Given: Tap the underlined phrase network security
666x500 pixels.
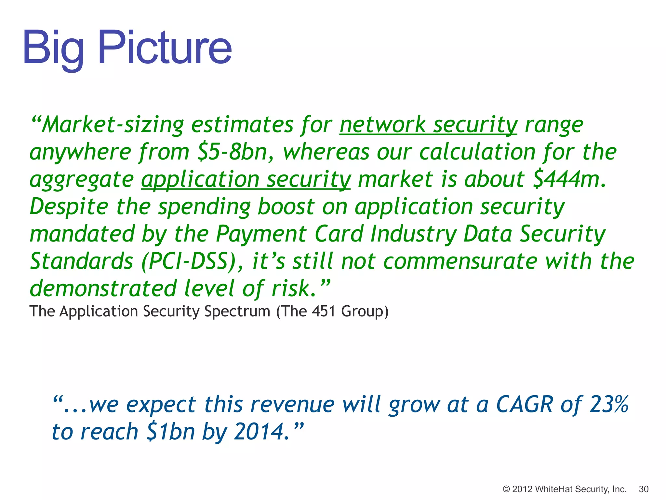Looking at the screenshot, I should [x=428, y=125].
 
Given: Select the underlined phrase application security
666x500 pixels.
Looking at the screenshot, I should [x=246, y=180].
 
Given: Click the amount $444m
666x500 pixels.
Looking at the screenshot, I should [x=569, y=180].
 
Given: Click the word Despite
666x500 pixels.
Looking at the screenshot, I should [x=69, y=207].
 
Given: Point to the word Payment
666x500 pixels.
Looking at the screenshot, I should [x=261, y=234].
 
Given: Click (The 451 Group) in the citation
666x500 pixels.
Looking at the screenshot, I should [x=332, y=312].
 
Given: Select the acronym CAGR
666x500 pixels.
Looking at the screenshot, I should [x=524, y=405].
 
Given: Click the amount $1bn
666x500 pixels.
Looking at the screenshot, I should [x=171, y=432].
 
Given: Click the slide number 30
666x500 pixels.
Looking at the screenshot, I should [x=644, y=489].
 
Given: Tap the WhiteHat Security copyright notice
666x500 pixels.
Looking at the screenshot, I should [x=565, y=489].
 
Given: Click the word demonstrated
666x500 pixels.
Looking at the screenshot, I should [x=103, y=289].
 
